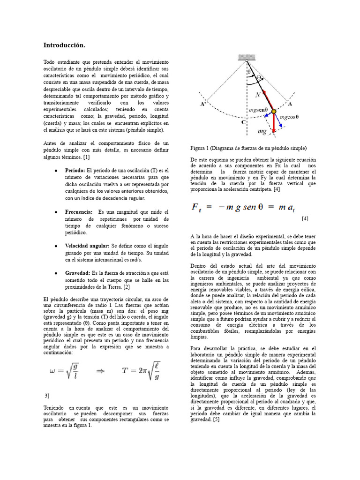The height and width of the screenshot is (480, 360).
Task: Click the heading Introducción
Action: tap(64, 45)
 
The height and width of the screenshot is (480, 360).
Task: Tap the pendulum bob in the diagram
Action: tap(274, 112)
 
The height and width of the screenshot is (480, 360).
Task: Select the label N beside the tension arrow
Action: tap(257, 94)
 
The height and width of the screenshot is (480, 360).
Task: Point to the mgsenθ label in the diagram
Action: tap(257, 111)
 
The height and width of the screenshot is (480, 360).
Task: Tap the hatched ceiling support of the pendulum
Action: tap(247, 58)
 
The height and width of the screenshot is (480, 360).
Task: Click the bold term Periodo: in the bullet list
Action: tap(75, 171)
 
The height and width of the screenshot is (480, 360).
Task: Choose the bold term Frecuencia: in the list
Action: tap(79, 212)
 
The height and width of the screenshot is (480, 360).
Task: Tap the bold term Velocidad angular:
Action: tap(87, 246)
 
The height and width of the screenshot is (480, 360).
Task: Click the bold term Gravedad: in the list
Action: tap(77, 273)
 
